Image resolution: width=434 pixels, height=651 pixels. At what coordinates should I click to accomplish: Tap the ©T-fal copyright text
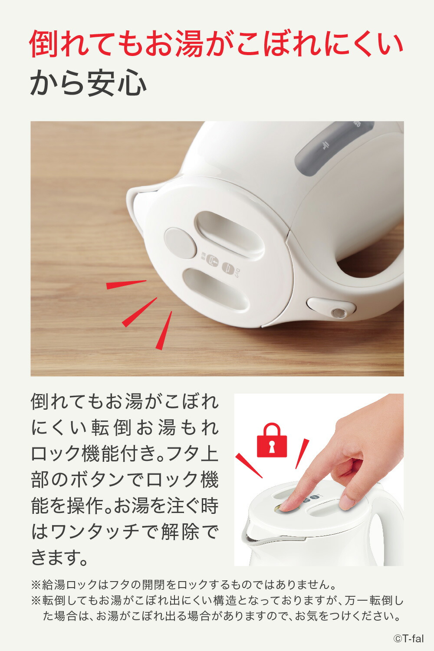click(x=408, y=638)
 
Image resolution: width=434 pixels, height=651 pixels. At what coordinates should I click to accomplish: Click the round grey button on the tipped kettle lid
click(x=181, y=243)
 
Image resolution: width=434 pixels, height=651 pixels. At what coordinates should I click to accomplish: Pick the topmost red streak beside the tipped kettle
click(x=126, y=285)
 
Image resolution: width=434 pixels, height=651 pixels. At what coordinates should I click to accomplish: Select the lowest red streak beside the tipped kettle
click(x=164, y=330)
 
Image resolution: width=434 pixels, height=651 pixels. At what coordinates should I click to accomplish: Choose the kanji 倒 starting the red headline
click(x=43, y=43)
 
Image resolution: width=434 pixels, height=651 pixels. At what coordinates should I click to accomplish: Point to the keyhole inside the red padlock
click(x=272, y=447)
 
